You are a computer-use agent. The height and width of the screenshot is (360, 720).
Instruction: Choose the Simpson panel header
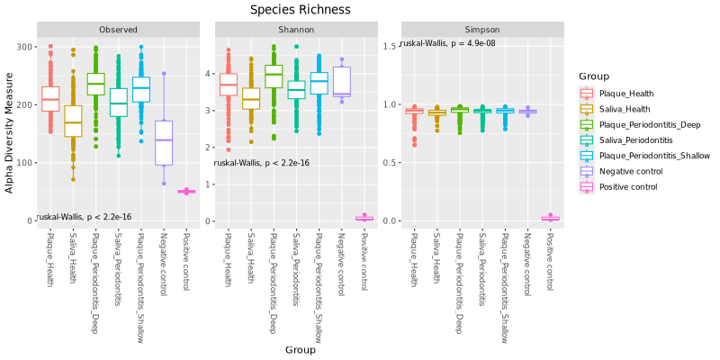(481, 30)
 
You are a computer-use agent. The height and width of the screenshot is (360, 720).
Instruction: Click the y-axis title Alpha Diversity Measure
(10, 133)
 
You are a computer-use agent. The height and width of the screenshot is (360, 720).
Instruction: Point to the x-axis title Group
(300, 349)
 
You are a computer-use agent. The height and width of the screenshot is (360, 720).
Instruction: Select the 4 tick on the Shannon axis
(208, 74)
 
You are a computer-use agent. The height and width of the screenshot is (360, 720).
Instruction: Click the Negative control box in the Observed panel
(163, 142)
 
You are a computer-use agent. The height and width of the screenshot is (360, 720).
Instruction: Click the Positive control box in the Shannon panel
(364, 218)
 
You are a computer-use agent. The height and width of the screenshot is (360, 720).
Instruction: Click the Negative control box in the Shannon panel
(341, 81)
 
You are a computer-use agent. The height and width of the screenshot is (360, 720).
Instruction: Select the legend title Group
(595, 76)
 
